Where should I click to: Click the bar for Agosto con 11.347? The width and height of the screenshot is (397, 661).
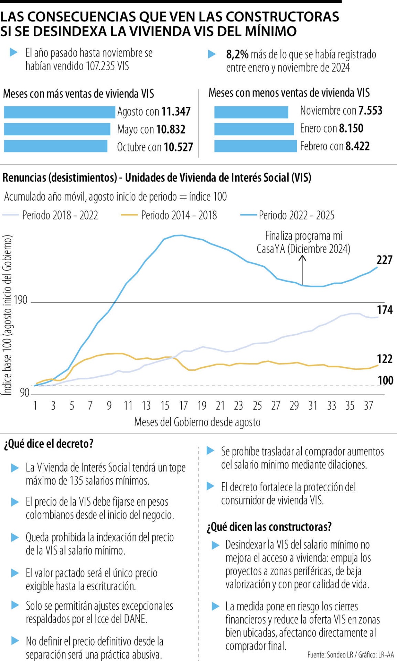pyautogui.click(x=59, y=112)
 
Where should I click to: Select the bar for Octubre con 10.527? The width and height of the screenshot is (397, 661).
pyautogui.click(x=55, y=146)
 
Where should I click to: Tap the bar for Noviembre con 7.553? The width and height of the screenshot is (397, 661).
pyautogui.click(x=251, y=112)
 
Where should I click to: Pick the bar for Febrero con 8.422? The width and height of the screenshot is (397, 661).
pyautogui.click(x=255, y=146)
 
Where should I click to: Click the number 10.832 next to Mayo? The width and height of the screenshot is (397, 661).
pyautogui.click(x=171, y=129)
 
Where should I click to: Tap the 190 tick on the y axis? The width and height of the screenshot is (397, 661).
pyautogui.click(x=21, y=300)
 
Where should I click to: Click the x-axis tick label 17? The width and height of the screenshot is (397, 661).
pyautogui.click(x=183, y=406)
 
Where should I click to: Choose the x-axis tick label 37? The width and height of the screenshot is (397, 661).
pyautogui.click(x=368, y=406)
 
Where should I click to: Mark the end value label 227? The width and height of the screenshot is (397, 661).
pyautogui.click(x=385, y=260)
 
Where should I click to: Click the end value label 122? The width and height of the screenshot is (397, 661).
pyautogui.click(x=385, y=359)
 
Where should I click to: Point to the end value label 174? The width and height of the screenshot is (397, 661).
pyautogui.click(x=385, y=310)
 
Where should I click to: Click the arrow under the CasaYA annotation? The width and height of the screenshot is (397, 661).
pyautogui.click(x=302, y=270)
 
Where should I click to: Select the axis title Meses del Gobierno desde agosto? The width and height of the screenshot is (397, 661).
pyautogui.click(x=197, y=422)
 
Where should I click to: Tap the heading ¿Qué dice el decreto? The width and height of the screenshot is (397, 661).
pyautogui.click(x=49, y=444)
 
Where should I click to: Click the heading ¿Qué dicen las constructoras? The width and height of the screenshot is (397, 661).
pyautogui.click(x=269, y=527)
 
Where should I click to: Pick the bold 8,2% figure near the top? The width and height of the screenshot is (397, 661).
pyautogui.click(x=237, y=54)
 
